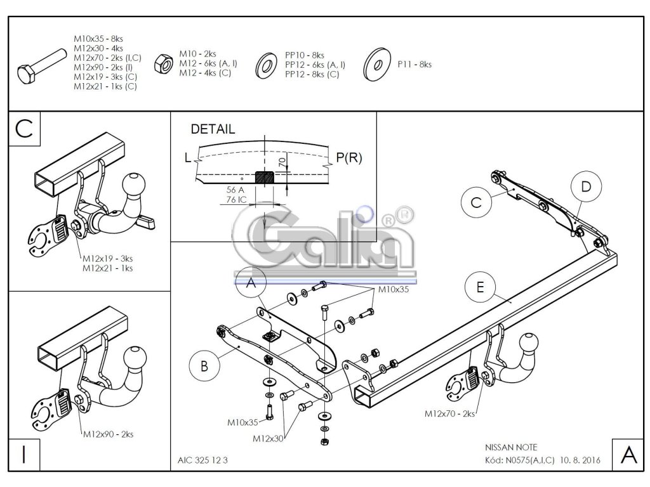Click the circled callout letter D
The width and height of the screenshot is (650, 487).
pyautogui.click(x=585, y=186)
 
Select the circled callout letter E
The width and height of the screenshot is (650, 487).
pyautogui.click(x=480, y=287)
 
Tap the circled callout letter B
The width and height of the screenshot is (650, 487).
pyautogui.click(x=204, y=366)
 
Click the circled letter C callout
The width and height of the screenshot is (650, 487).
pyautogui.click(x=477, y=202)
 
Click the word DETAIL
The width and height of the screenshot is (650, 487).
pyautogui.click(x=213, y=129)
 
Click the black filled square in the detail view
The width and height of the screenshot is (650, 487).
pyautogui.click(x=265, y=178)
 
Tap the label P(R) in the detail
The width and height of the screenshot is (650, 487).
pyautogui.click(x=348, y=158)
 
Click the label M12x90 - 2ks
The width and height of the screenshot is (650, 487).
pyautogui.click(x=108, y=434)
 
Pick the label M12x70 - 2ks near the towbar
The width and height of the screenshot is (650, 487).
pyautogui.click(x=449, y=413)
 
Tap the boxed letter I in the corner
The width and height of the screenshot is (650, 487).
pyautogui.click(x=23, y=453)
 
